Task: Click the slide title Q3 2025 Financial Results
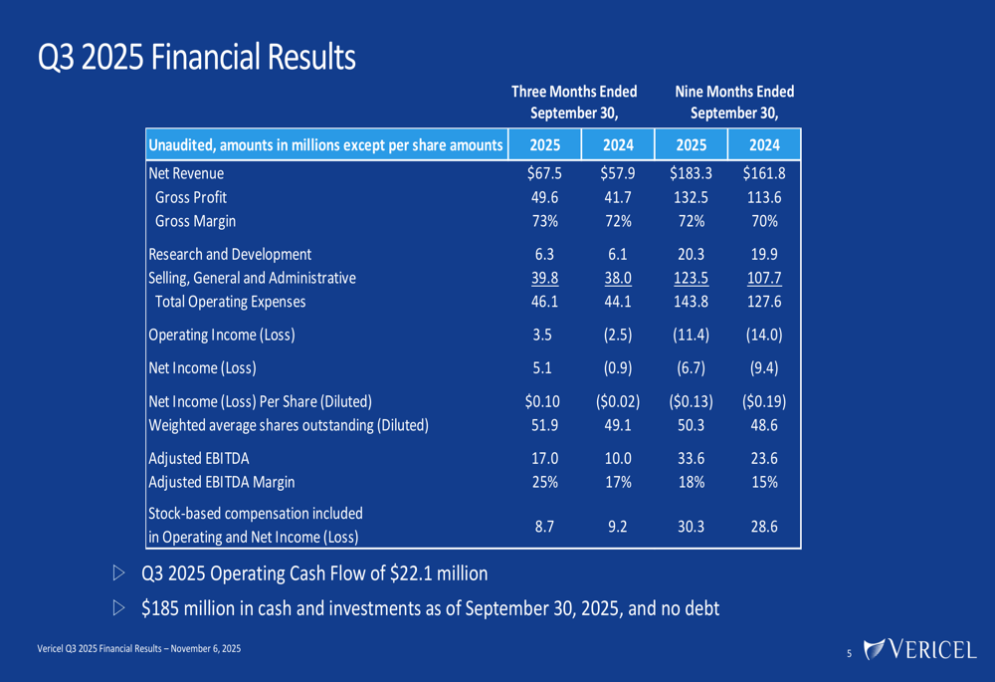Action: point(196,57)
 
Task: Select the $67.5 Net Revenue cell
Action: point(544,172)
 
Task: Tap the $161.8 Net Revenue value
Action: point(763,172)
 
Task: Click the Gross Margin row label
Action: point(195,221)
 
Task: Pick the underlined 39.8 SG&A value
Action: point(544,278)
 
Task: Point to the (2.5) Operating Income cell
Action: point(618,335)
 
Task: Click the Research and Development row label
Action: point(230,254)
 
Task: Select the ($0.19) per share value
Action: point(763,401)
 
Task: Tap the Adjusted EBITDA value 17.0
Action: point(544,458)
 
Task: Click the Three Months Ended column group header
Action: point(573,102)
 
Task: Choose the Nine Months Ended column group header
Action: point(734,102)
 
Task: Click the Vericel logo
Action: point(920,650)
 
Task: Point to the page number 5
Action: point(849,653)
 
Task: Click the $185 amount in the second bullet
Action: point(163,607)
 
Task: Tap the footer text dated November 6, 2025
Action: point(138,649)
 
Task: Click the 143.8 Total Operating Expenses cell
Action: point(691,302)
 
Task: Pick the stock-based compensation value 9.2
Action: point(618,527)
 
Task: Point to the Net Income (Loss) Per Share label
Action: point(260,401)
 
